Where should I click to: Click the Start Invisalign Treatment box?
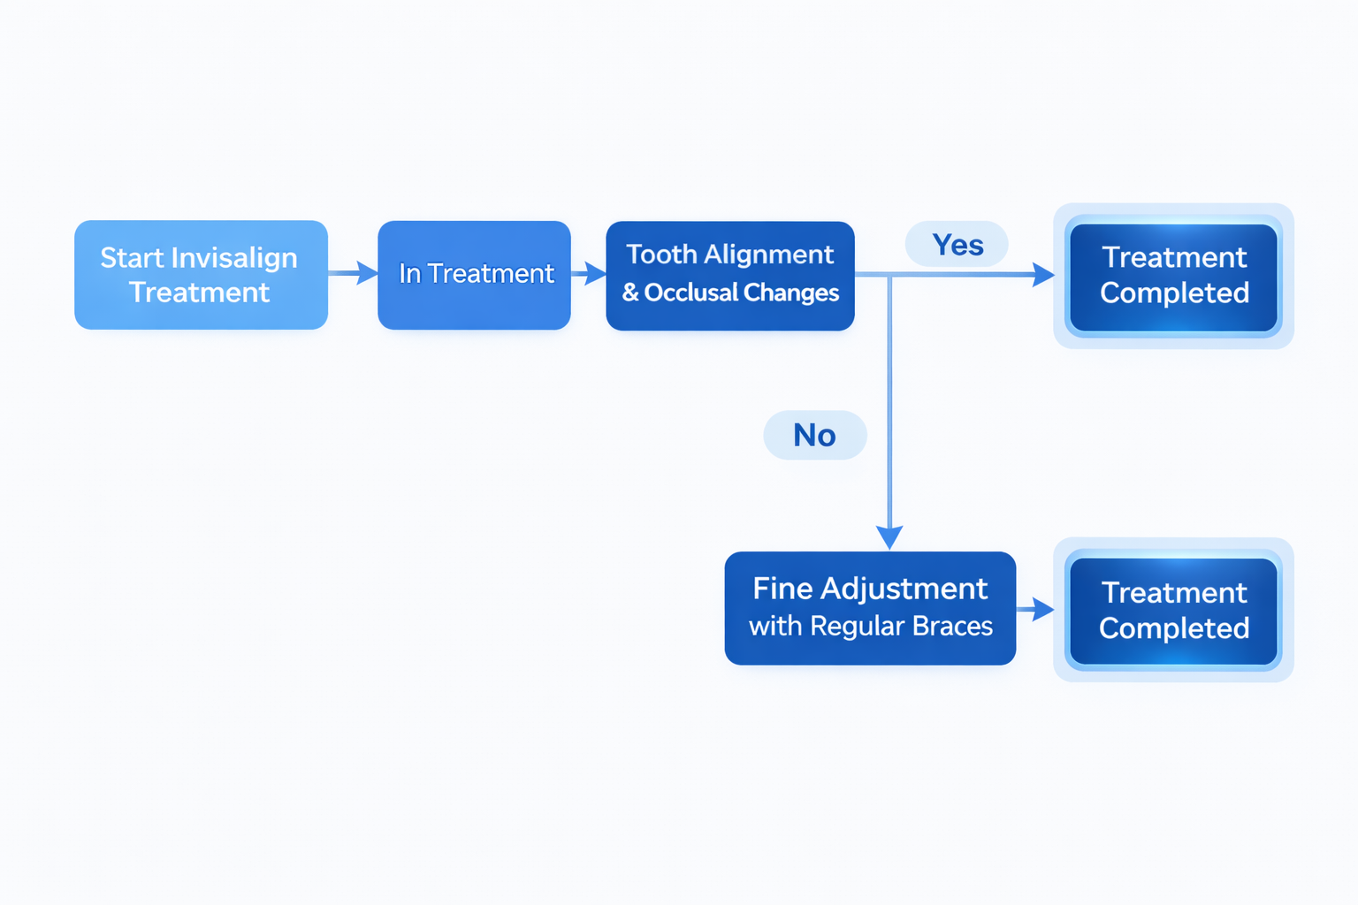201,275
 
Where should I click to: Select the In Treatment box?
474,275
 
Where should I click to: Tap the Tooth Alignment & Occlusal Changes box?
729,276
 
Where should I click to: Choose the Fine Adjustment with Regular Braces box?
870,608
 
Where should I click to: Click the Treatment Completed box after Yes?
1173,277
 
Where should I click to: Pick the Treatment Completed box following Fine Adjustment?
1173,610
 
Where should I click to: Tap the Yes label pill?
957,245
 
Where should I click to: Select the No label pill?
814,435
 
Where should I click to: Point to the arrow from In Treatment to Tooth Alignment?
590,273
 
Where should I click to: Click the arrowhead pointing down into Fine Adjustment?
889,536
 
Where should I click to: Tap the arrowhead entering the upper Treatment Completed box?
1042,275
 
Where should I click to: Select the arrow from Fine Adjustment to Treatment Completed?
1036,609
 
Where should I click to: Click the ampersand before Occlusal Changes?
630,293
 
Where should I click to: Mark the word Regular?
858,627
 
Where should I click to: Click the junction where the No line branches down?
889,276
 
